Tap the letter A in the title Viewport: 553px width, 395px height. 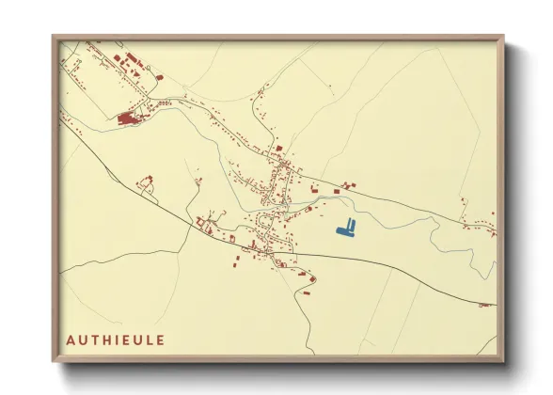70,339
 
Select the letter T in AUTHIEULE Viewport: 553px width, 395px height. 93,339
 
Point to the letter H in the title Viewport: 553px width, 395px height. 105,339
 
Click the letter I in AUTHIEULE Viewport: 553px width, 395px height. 115,339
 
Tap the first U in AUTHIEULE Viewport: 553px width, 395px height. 81,339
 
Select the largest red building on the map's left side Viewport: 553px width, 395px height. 126,118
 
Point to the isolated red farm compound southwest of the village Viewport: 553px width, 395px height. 146,183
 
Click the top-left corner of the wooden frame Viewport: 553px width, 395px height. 54,37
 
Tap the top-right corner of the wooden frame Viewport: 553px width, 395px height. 503,37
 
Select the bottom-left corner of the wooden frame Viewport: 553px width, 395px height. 54,360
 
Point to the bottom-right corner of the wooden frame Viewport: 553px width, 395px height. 503,360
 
